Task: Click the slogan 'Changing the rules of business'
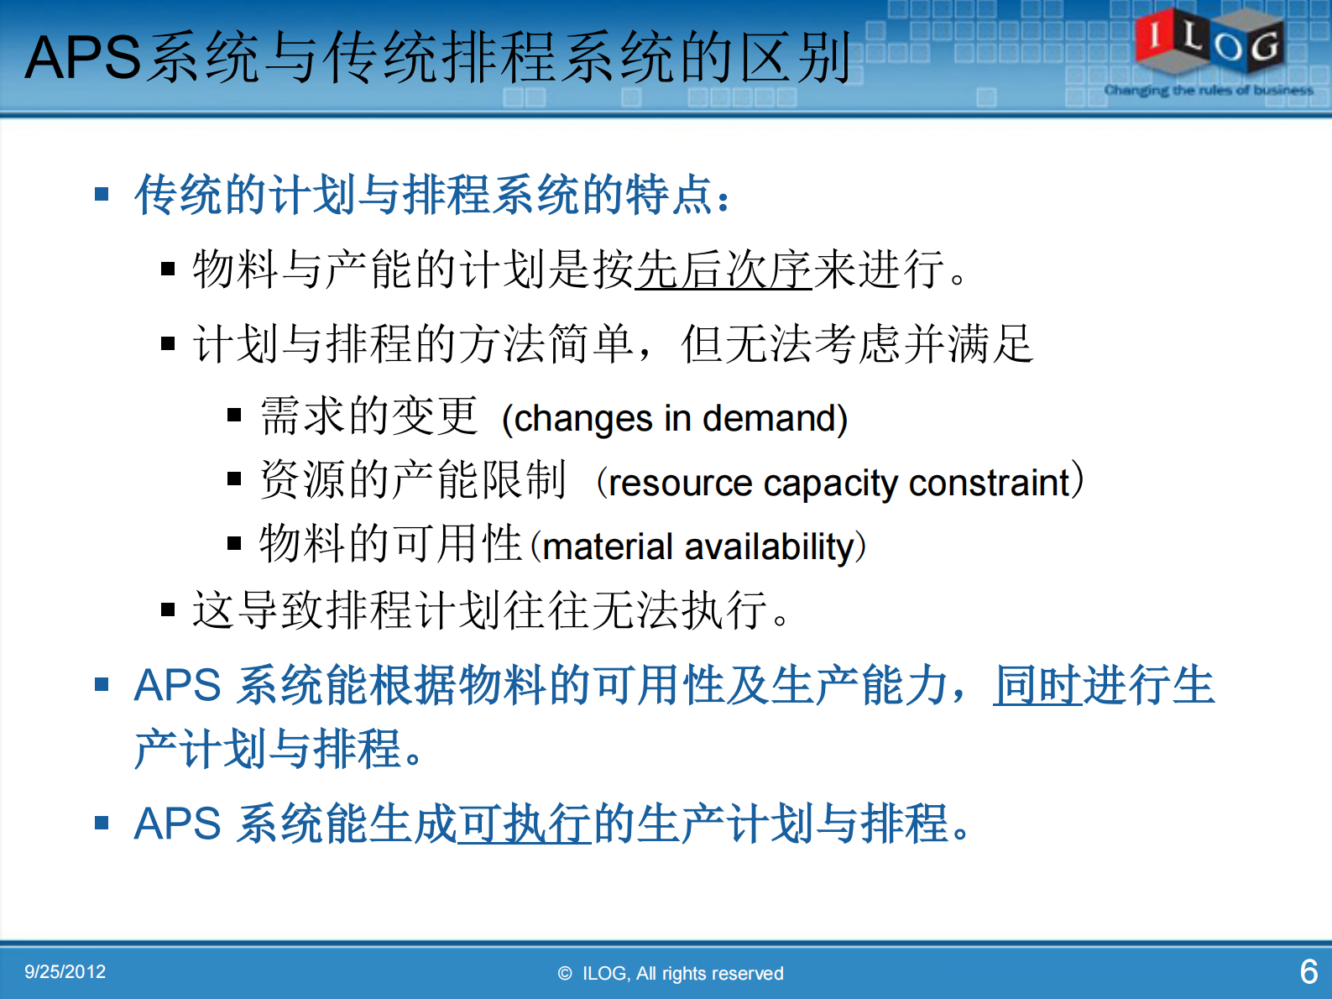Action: [1208, 90]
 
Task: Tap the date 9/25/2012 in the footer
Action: [65, 972]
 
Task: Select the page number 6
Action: [1308, 972]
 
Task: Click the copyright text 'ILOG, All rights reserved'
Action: [682, 974]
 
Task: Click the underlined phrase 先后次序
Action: [723, 270]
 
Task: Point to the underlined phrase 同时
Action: [1037, 685]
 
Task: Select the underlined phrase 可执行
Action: [525, 824]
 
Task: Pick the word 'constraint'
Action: [990, 484]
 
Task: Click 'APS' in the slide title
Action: [81, 58]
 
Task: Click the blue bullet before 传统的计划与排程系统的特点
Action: [102, 195]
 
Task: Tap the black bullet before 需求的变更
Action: [234, 415]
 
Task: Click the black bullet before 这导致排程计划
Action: [168, 610]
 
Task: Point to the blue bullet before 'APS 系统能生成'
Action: [102, 823]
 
